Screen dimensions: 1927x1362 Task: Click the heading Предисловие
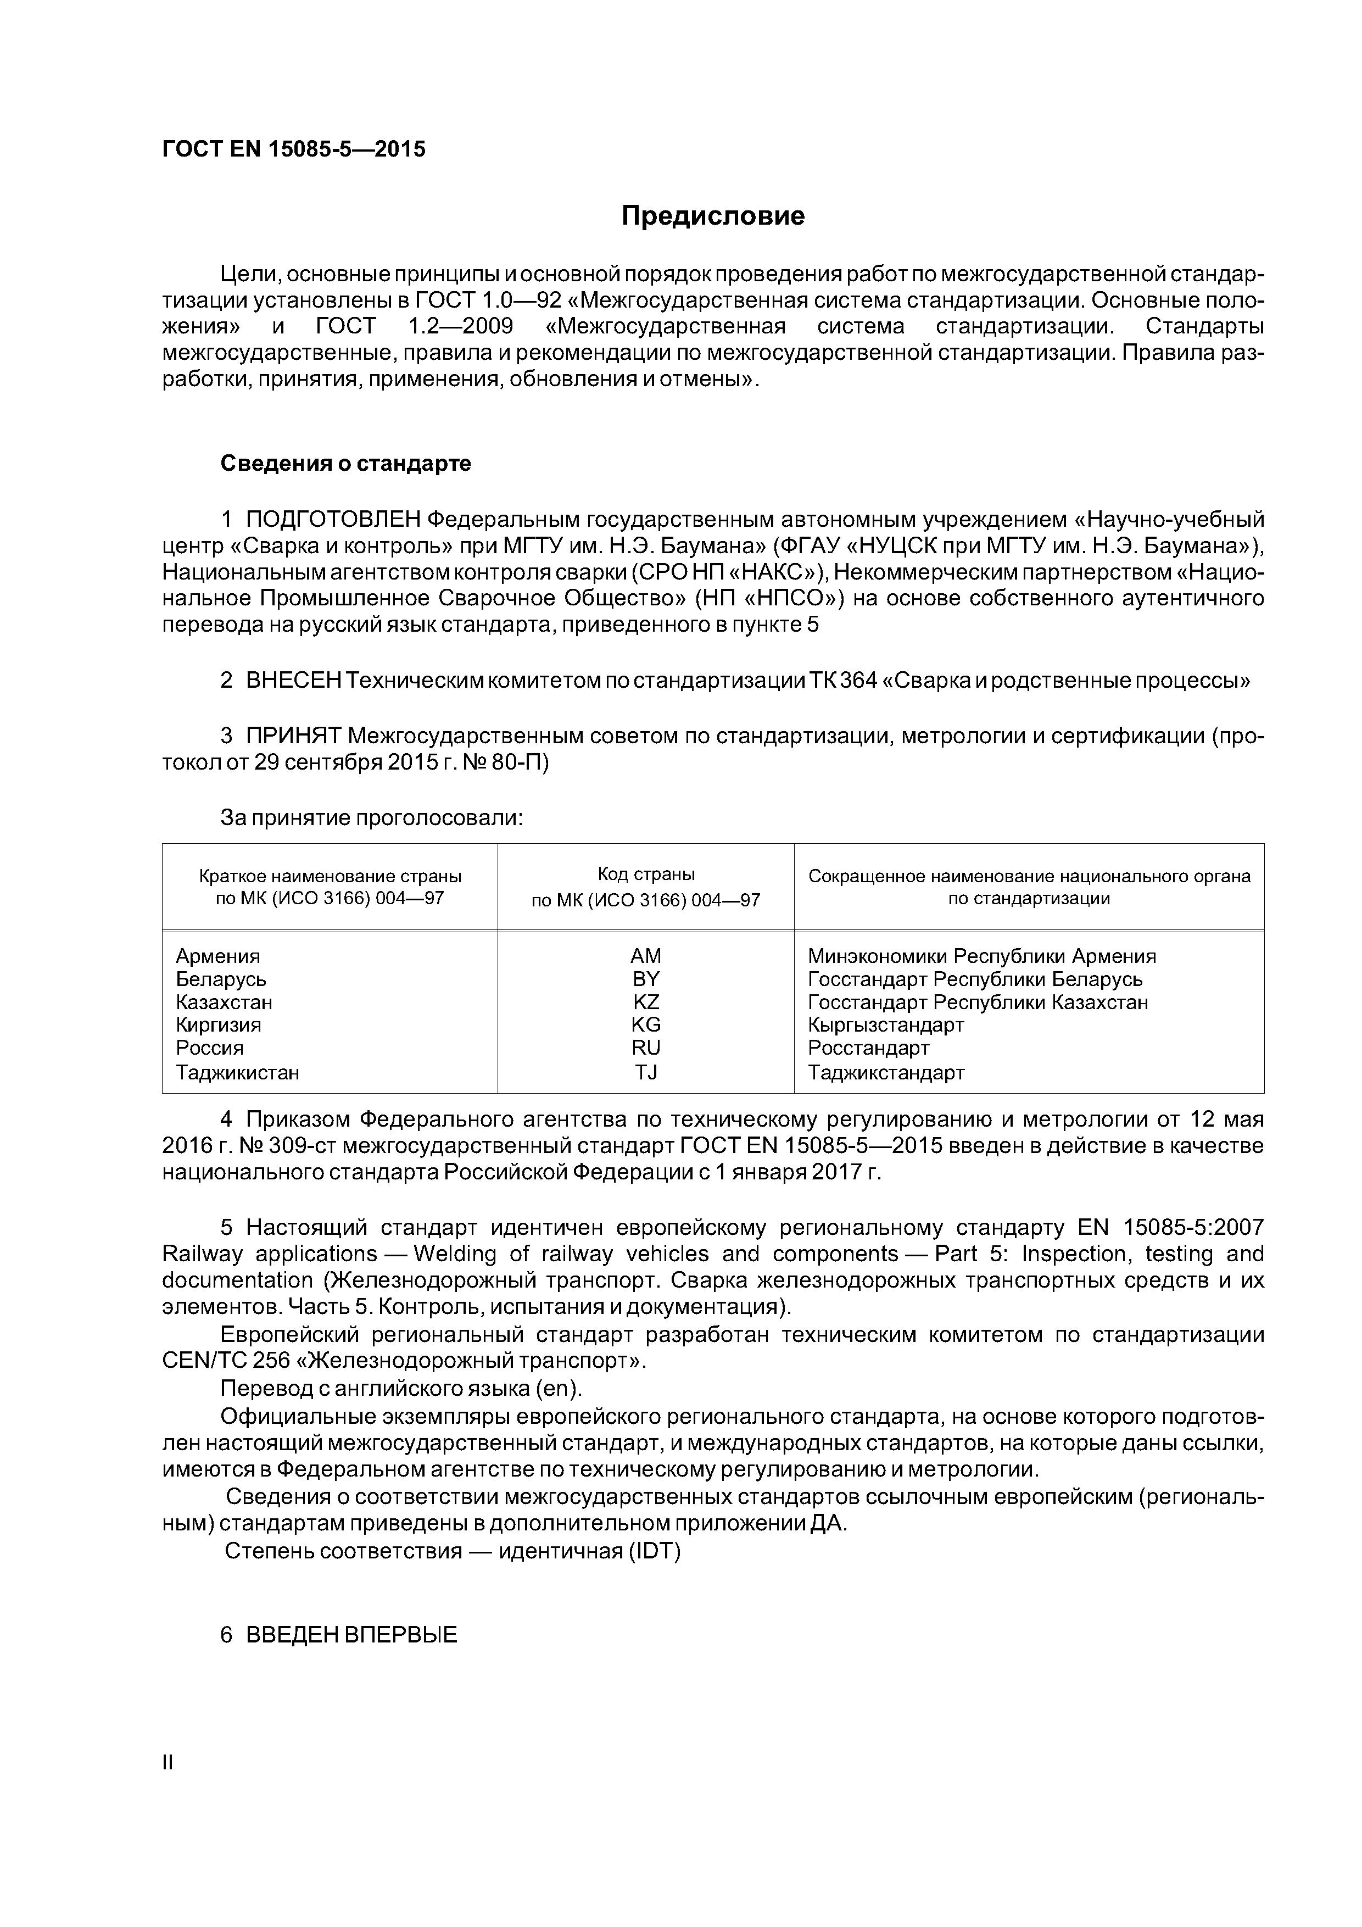point(712,216)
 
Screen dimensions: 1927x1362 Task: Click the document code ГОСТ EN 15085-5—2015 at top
point(294,149)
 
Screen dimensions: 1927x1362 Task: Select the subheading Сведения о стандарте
point(346,463)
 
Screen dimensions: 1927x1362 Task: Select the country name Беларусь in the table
point(221,979)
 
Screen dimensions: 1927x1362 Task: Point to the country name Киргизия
point(218,1025)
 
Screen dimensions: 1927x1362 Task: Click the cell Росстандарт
point(869,1048)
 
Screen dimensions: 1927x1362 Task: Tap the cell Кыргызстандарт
point(885,1025)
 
